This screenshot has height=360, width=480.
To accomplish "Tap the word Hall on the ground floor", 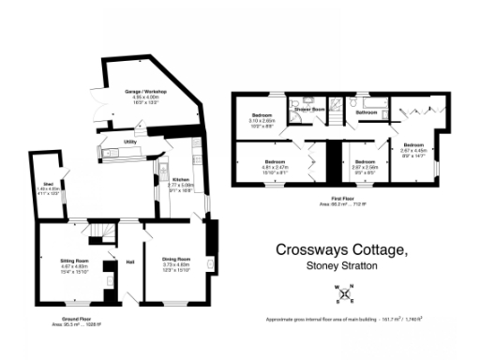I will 127,262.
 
